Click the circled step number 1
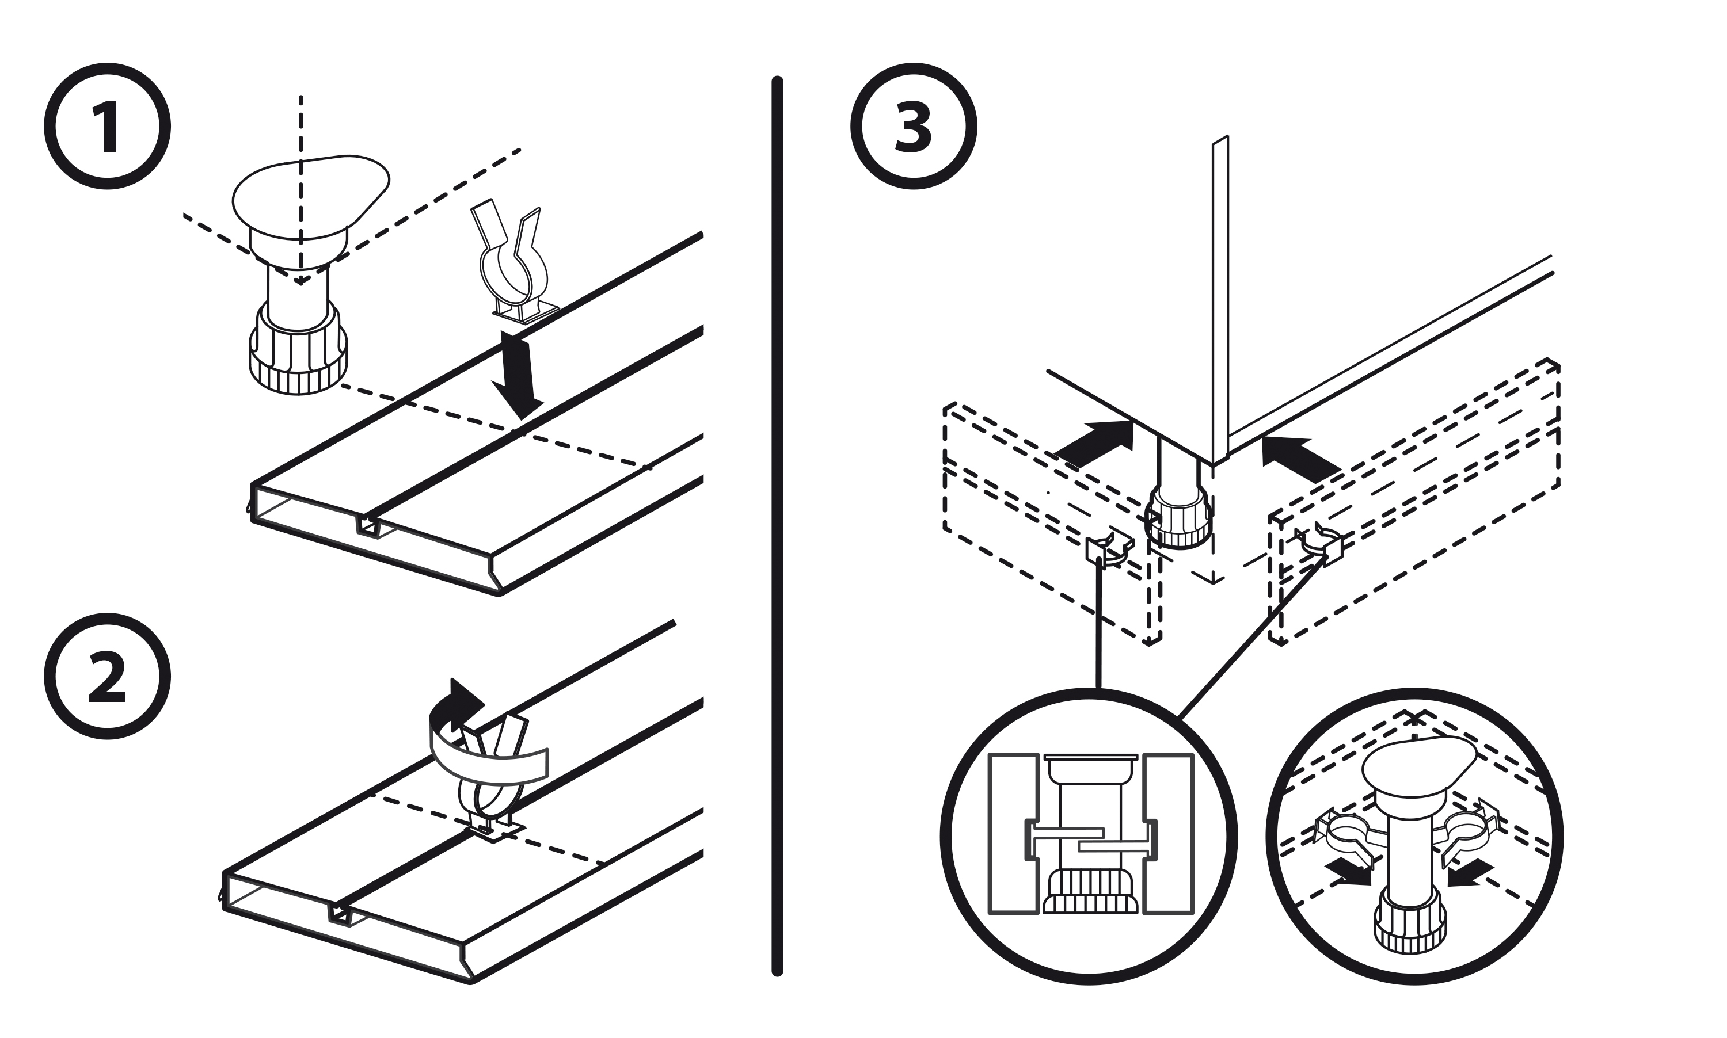point(107,127)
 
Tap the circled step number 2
point(107,677)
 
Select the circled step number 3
point(913,127)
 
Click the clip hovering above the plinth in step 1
point(513,266)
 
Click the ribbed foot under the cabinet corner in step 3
point(1178,522)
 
